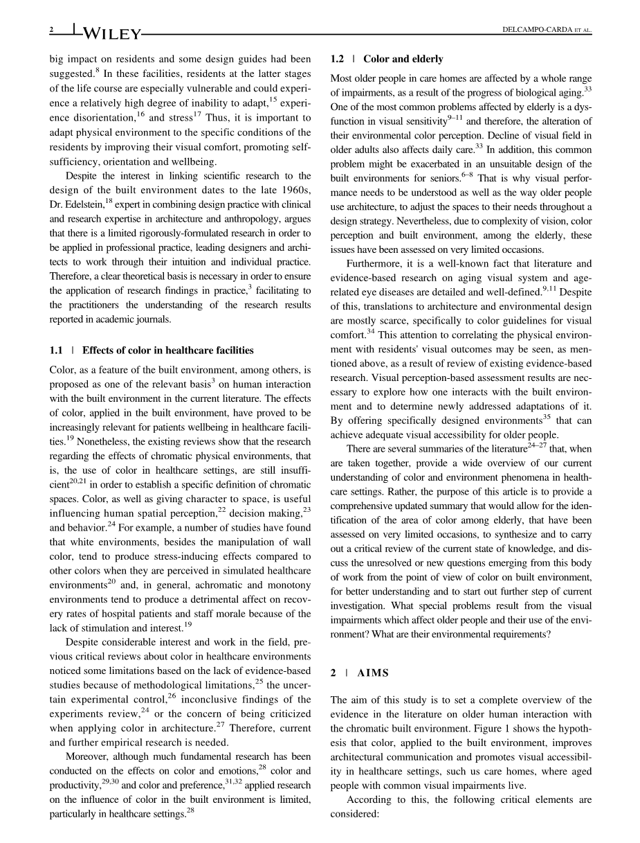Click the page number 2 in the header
52,30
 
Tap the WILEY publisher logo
111,33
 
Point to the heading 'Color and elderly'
403,59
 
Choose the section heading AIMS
373,673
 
